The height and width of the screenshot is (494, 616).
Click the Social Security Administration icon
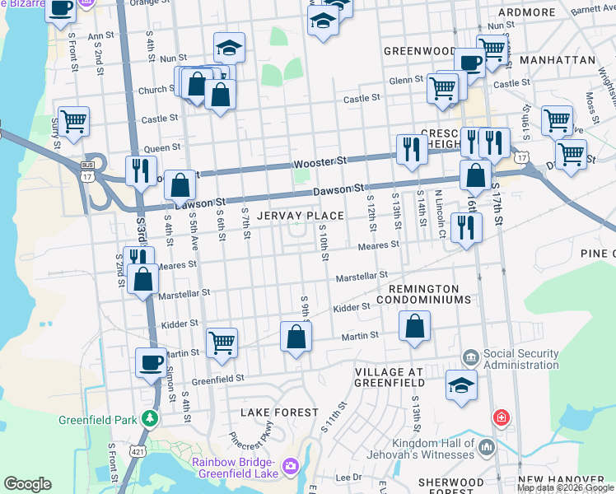click(471, 357)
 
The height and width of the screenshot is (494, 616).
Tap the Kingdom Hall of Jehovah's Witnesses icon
click(486, 447)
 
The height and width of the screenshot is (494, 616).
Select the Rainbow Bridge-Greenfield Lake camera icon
click(290, 467)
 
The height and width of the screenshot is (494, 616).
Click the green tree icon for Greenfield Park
click(149, 418)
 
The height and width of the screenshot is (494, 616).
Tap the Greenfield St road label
click(218, 380)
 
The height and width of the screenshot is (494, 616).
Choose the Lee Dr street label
click(348, 477)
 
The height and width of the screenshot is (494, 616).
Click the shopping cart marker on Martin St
click(222, 342)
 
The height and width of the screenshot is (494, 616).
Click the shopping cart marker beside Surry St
click(72, 122)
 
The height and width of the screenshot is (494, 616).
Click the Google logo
click(27, 484)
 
